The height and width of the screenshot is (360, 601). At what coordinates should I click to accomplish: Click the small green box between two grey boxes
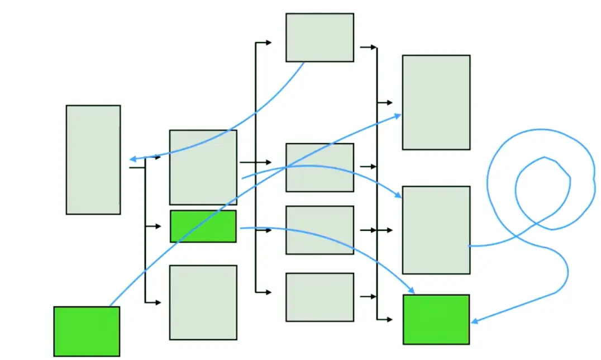203,226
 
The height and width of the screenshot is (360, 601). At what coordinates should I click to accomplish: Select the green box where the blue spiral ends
436,319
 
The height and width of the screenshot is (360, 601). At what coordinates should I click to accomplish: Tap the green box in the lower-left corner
87,331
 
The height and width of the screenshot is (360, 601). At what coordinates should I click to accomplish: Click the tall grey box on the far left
93,159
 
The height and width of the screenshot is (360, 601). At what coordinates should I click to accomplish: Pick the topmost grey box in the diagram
319,37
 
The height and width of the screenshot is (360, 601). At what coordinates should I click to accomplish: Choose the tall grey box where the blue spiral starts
436,230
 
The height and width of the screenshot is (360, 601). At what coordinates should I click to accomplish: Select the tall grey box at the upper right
436,102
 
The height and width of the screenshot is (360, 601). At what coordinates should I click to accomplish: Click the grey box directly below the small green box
203,302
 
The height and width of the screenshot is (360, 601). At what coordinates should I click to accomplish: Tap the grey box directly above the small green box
203,167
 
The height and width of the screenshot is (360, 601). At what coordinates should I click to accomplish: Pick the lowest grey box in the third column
319,297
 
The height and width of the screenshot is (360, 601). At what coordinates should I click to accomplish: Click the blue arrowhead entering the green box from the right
474,321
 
